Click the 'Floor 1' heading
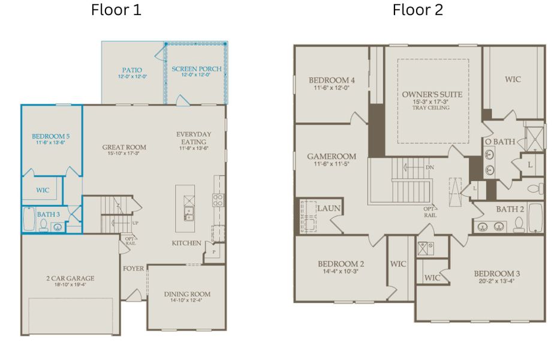coord(116,10)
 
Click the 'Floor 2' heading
coord(418,10)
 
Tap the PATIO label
coord(132,70)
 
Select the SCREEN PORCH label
coord(196,69)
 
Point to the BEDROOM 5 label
coord(51,136)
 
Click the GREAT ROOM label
coord(124,147)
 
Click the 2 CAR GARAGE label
coord(70,278)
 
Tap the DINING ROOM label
coord(187,294)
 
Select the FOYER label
coord(134,268)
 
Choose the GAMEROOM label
coord(332,157)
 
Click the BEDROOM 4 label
coord(332,80)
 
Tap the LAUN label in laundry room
coord(329,208)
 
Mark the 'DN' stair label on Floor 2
coord(429,167)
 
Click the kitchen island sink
coord(189,211)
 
